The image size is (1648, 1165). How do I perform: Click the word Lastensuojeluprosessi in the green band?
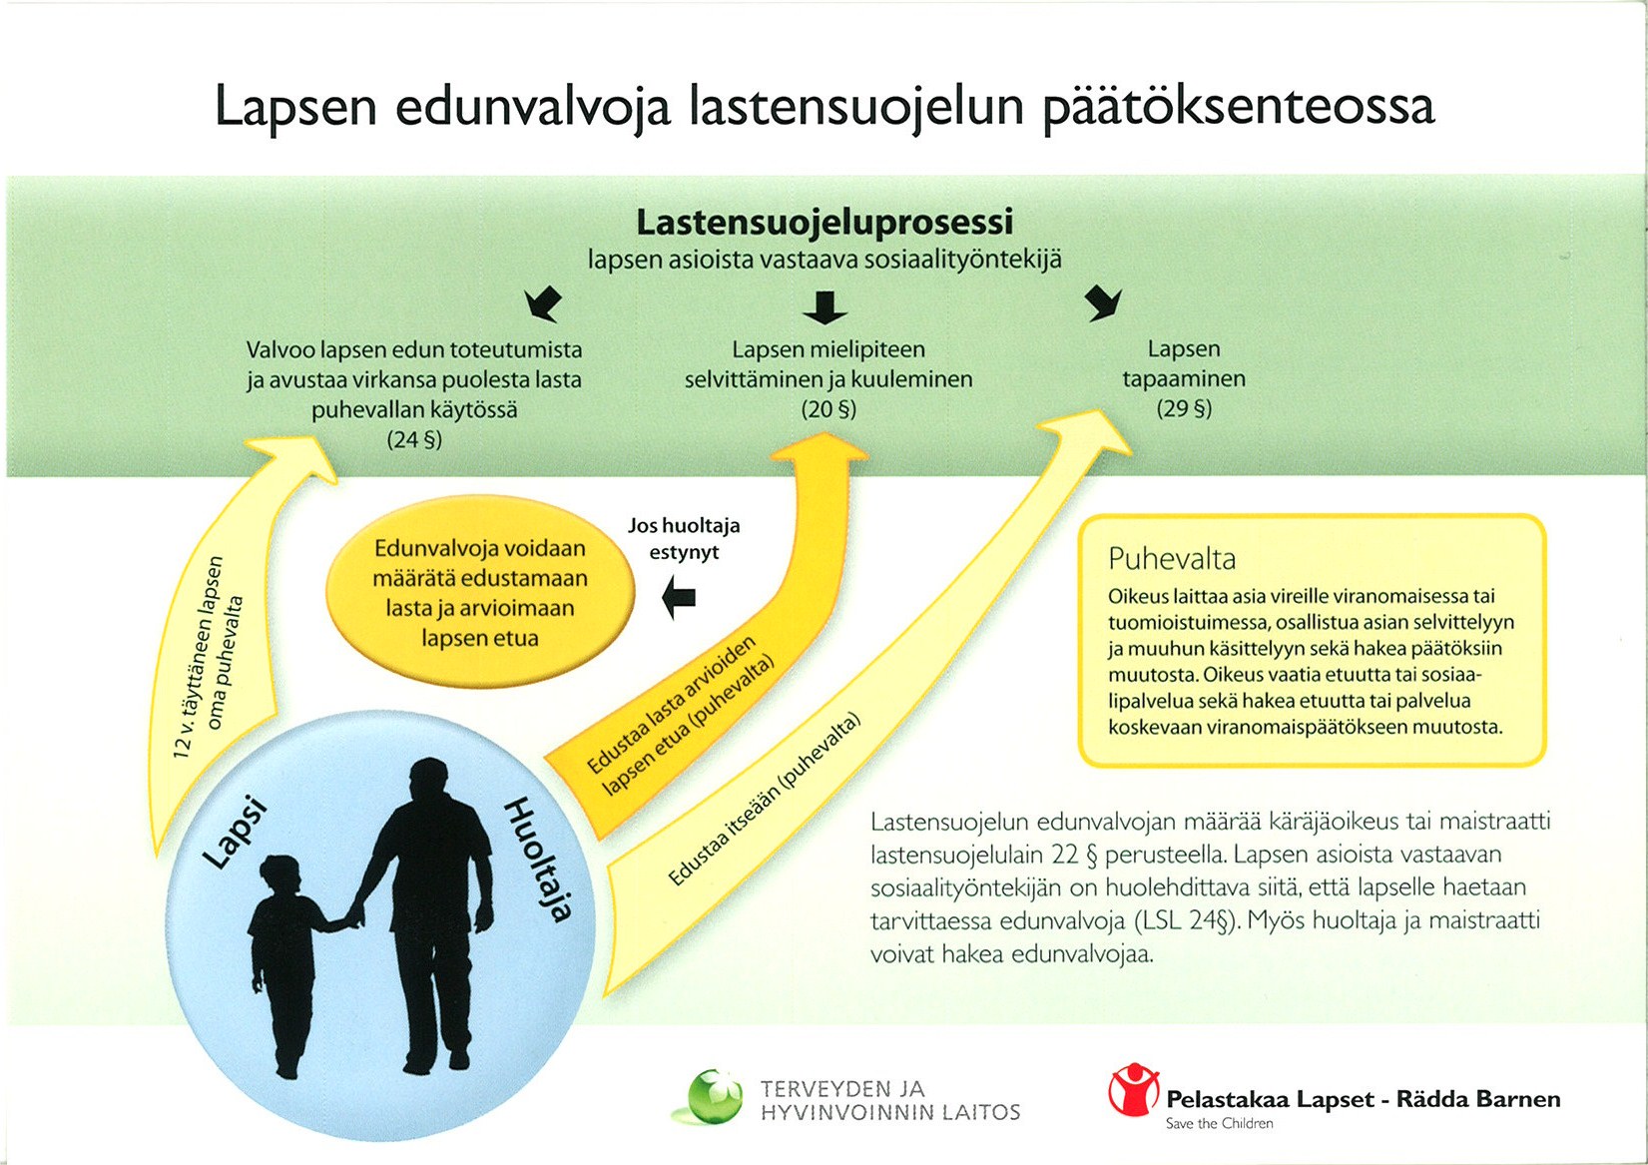(x=824, y=223)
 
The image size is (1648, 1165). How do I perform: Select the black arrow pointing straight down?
(x=824, y=307)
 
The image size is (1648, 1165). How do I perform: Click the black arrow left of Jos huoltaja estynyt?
(x=680, y=599)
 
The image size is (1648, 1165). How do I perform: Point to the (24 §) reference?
(x=413, y=439)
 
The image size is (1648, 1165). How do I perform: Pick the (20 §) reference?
(x=828, y=409)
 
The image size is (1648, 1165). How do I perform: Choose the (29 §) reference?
(x=1184, y=408)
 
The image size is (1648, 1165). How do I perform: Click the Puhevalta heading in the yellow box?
(x=1172, y=559)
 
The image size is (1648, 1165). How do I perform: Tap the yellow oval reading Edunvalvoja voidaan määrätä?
(x=480, y=593)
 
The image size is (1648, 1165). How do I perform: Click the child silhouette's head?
(x=281, y=876)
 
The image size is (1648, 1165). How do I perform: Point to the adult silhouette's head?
(x=429, y=782)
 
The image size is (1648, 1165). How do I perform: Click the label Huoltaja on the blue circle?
(x=540, y=859)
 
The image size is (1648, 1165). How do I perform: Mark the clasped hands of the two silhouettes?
(x=355, y=912)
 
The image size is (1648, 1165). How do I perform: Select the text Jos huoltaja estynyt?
(x=684, y=539)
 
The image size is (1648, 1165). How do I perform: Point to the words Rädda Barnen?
(x=1478, y=1100)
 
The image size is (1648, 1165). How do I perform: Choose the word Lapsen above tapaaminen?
(x=1184, y=349)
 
